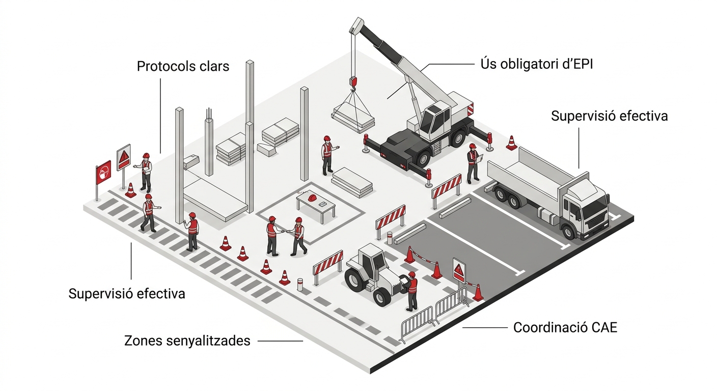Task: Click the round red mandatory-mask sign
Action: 103,172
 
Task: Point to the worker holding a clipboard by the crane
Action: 473,163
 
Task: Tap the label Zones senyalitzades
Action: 187,341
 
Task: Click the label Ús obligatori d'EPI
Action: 537,64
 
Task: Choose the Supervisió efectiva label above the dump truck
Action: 609,116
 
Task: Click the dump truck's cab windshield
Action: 599,206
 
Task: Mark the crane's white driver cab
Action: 433,120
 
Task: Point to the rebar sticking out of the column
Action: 209,113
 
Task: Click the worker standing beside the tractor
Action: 411,290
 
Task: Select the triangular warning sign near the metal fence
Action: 459,269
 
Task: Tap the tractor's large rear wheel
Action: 355,279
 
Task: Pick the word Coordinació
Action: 543,327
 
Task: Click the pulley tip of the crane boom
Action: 357,24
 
